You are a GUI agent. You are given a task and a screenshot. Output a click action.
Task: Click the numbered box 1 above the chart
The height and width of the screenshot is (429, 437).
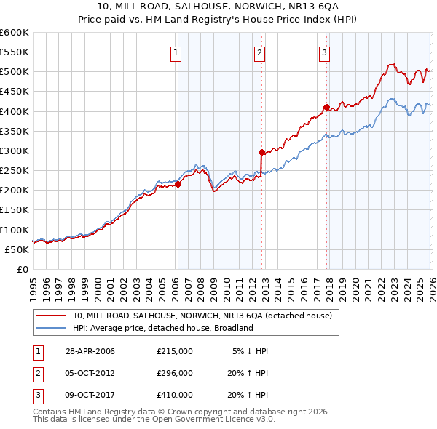(177, 52)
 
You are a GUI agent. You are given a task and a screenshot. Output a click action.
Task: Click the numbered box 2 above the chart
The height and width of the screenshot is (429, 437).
(260, 52)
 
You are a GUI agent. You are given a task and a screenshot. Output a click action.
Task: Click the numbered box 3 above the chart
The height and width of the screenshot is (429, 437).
(324, 52)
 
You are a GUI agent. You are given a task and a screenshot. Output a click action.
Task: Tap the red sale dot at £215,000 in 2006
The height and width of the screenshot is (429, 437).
(178, 184)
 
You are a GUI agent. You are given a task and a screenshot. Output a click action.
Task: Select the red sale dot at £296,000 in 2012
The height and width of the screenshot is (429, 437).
(261, 152)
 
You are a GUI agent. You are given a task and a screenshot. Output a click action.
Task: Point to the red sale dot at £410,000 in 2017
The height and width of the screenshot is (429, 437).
(326, 107)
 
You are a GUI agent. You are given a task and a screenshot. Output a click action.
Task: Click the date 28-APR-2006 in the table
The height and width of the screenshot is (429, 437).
(90, 351)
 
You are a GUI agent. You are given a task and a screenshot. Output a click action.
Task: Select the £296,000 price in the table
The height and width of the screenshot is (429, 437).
(175, 373)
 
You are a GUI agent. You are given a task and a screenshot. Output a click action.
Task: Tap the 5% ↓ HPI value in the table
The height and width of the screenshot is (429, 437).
(251, 351)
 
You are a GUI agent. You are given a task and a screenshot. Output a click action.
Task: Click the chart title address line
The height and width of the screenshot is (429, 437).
(219, 7)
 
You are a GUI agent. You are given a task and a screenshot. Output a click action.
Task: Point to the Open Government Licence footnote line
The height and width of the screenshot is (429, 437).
(154, 420)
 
